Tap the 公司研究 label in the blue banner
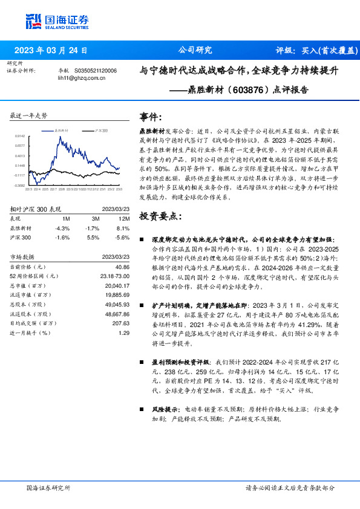[195, 51]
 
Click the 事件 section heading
[151, 116]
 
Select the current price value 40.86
[123, 267]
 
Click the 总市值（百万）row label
[28, 286]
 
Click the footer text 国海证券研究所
[48, 487]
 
